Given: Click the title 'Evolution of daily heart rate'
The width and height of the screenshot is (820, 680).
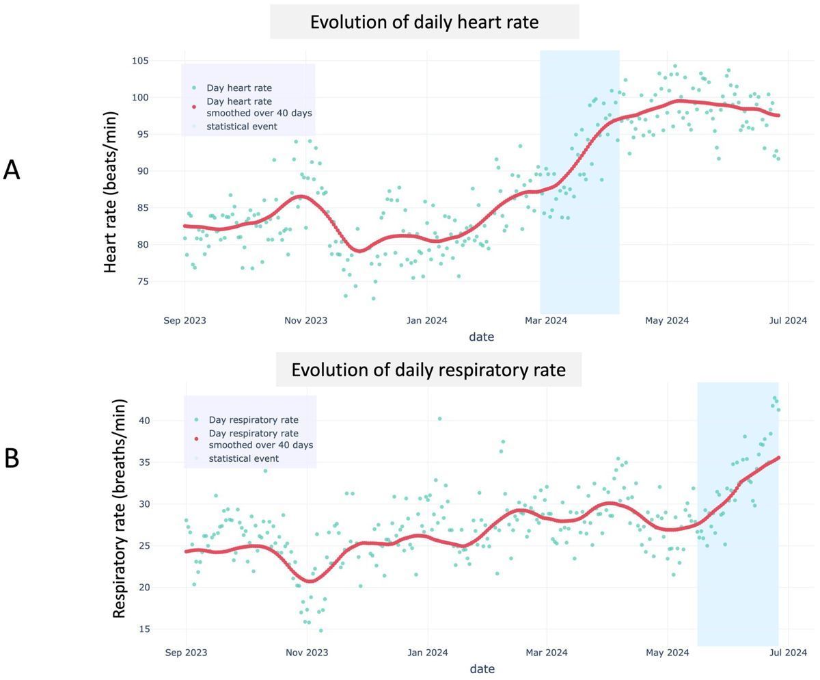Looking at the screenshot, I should click(x=424, y=22).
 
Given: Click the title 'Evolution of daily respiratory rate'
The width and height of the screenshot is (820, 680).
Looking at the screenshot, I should click(x=428, y=370).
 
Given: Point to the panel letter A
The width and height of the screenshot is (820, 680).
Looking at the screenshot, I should click(x=12, y=170).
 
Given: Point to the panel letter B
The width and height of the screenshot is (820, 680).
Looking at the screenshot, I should click(x=12, y=458).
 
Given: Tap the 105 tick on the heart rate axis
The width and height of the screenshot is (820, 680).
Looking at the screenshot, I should click(x=140, y=61).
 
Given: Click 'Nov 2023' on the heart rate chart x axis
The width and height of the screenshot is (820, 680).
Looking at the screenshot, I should click(x=305, y=320).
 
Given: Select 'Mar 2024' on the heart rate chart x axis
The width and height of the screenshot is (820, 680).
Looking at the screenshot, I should click(x=546, y=320).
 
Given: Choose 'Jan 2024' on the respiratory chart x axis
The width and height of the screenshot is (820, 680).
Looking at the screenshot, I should click(x=428, y=653).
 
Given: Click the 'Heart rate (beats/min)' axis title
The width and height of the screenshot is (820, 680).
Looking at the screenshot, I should click(x=111, y=192).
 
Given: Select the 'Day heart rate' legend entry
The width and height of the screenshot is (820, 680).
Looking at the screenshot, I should click(x=238, y=88).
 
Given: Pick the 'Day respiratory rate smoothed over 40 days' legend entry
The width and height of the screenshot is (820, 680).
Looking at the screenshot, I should click(x=260, y=439).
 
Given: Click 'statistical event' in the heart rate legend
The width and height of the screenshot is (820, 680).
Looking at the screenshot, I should click(x=241, y=126).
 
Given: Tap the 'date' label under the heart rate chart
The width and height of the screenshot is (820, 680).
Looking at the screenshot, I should click(x=481, y=337).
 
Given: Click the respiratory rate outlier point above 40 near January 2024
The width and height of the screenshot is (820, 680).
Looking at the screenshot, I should click(x=439, y=419).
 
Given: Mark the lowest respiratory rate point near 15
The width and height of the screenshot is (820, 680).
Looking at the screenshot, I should click(x=320, y=631).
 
